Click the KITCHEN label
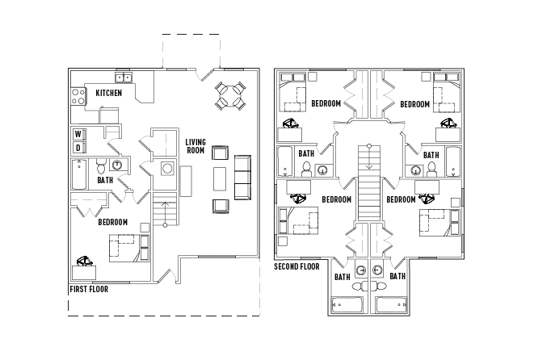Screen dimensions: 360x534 109,94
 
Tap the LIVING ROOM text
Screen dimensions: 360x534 196,145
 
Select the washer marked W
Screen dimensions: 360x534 78,134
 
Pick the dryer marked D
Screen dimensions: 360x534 78,148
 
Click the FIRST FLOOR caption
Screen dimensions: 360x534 89,288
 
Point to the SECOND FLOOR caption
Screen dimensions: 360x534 296,266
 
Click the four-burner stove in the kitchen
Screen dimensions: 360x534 78,98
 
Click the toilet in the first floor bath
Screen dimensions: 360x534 101,167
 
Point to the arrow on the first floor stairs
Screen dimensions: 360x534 166,213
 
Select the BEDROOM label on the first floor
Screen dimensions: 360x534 111,222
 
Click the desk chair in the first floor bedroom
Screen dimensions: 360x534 83,262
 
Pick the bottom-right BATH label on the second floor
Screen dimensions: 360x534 397,276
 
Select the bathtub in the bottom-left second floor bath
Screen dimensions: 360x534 348,306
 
